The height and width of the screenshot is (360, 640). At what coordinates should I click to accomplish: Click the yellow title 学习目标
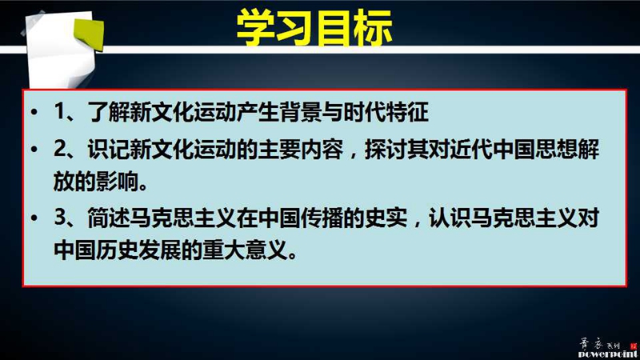pyautogui.click(x=314, y=28)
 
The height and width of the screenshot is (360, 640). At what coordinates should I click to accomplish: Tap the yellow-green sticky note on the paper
pyautogui.click(x=89, y=34)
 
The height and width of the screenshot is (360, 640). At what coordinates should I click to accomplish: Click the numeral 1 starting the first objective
pyautogui.click(x=59, y=111)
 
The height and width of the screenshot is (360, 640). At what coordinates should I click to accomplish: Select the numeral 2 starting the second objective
pyautogui.click(x=59, y=149)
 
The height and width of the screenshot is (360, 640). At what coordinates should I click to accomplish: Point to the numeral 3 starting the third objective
pyautogui.click(x=59, y=217)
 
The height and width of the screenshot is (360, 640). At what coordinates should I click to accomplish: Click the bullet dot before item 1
pyautogui.click(x=34, y=111)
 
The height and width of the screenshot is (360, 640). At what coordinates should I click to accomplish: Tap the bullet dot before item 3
pyautogui.click(x=34, y=218)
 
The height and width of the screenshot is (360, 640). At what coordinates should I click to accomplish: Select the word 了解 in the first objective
pyautogui.click(x=109, y=111)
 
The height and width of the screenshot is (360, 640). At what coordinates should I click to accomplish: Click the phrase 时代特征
pyautogui.click(x=386, y=111)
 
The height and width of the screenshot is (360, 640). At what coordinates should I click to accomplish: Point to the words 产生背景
pyautogui.click(x=279, y=111)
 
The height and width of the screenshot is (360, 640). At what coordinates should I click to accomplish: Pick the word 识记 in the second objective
pyautogui.click(x=109, y=149)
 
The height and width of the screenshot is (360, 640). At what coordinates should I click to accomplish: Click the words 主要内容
pyautogui.click(x=301, y=149)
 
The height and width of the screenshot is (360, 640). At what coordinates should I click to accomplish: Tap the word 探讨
pyautogui.click(x=386, y=149)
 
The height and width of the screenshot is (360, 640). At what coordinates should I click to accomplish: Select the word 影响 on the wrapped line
pyautogui.click(x=118, y=181)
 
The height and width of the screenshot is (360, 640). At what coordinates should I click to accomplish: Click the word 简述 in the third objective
pyautogui.click(x=109, y=218)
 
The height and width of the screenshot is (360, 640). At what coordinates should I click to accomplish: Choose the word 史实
pyautogui.click(x=386, y=218)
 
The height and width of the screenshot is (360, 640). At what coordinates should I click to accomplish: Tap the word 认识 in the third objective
pyautogui.click(x=450, y=218)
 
